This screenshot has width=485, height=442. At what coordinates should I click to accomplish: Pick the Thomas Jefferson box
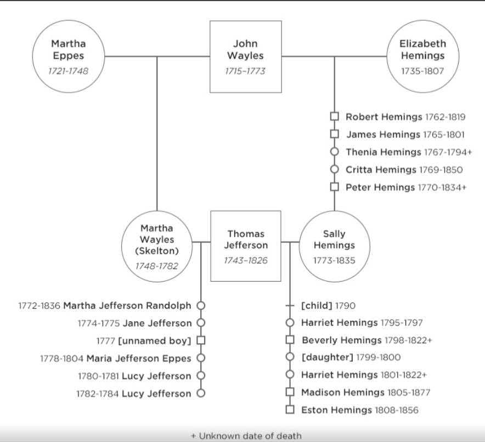(x=245, y=246)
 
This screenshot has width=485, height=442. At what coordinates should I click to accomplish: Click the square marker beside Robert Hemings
(x=334, y=117)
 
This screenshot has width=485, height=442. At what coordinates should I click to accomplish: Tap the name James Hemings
(x=384, y=135)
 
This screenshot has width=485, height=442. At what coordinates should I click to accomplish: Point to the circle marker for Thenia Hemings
(x=334, y=152)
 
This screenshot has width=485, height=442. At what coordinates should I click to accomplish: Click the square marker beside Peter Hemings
(x=334, y=187)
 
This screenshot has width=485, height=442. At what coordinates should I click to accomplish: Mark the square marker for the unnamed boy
(x=201, y=341)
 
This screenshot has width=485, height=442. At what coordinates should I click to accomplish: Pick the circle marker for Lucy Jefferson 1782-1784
(x=201, y=393)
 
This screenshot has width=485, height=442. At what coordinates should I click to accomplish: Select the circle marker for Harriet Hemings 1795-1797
(x=290, y=323)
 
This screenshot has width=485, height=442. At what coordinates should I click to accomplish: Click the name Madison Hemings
(x=343, y=392)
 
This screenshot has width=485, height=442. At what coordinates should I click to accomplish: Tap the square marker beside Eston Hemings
(x=290, y=410)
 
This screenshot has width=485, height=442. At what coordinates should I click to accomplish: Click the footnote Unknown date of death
(x=246, y=436)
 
